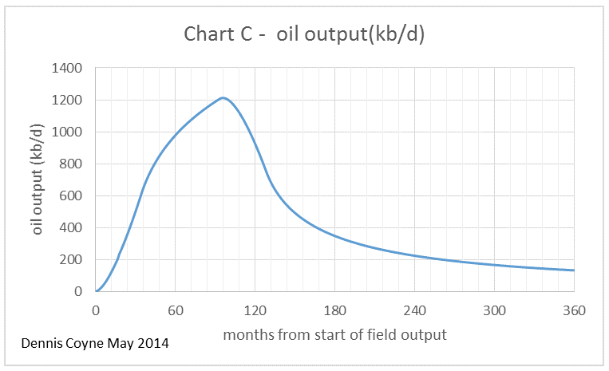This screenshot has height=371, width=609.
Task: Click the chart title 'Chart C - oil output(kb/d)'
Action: click(304, 34)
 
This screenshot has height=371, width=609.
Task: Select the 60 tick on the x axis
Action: click(176, 310)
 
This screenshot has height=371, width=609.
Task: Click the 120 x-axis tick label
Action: click(255, 310)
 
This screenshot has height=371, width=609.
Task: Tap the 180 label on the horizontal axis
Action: click(335, 310)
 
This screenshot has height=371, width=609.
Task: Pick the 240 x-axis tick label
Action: click(415, 310)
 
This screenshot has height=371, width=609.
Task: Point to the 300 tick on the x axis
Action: click(495, 310)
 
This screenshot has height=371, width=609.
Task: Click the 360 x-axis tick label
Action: click(574, 310)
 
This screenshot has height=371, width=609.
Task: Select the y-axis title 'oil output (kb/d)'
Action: click(37, 180)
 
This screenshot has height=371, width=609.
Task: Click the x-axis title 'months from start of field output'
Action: click(334, 334)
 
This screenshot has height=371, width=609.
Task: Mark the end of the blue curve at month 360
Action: click(574, 270)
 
